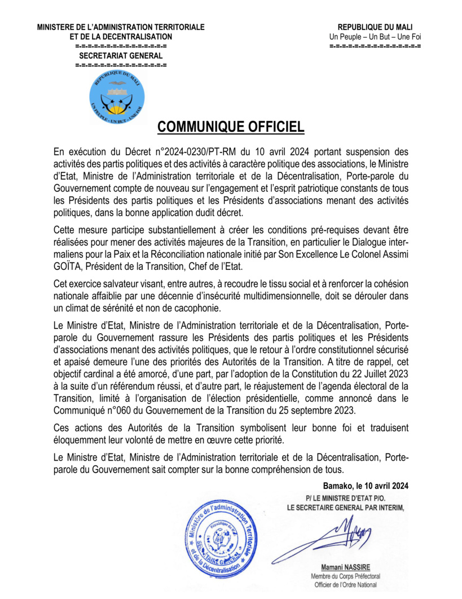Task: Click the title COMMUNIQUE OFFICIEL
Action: [x=231, y=127]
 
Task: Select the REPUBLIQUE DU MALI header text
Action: [x=375, y=27]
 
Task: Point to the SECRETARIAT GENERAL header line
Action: [x=120, y=55]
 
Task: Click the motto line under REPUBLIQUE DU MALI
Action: [x=375, y=37]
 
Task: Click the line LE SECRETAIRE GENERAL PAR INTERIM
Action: [x=346, y=507]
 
